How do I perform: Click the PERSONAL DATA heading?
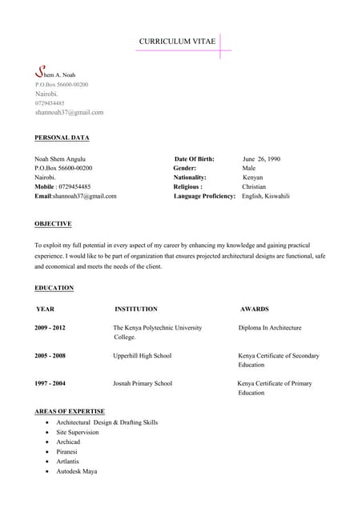click(62, 138)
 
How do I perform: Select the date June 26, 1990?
click(261, 158)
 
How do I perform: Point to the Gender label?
click(185, 168)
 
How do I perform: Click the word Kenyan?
click(252, 177)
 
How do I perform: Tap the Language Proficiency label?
click(204, 196)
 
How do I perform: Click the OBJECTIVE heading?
click(53, 223)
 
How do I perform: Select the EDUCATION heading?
click(54, 287)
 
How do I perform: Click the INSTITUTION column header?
click(136, 309)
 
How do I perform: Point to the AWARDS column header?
click(254, 309)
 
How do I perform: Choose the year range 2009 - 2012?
click(50, 328)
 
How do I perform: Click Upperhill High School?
click(143, 355)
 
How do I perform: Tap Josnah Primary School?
click(143, 383)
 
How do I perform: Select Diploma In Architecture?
click(270, 328)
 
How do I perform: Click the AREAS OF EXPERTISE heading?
click(70, 411)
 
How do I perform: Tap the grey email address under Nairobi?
click(69, 112)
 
